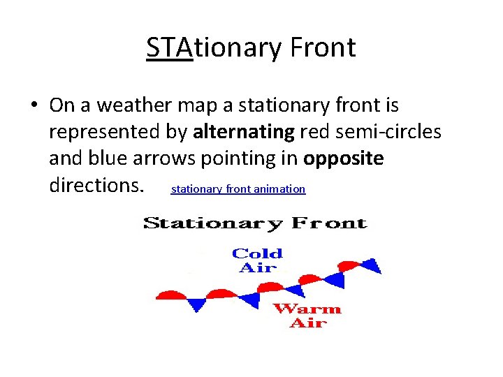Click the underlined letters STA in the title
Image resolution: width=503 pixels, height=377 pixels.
[x=169, y=47]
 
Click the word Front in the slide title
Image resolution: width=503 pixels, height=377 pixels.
[x=323, y=47]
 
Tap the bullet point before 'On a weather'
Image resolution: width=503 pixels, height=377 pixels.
[x=34, y=106]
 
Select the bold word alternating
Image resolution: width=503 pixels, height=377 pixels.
[x=244, y=132]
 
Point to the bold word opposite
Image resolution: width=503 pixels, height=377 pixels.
[x=343, y=158]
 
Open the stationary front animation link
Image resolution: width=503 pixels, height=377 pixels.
[x=238, y=189]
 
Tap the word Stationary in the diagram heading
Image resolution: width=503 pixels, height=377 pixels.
[x=213, y=223]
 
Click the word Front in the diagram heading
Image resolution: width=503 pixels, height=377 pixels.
[x=329, y=223]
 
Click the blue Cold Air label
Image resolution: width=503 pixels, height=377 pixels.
[x=257, y=260]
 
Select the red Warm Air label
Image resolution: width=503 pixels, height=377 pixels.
[x=307, y=316]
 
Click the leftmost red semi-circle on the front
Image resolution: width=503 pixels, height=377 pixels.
[x=171, y=294]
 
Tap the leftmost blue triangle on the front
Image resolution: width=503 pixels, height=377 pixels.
[x=198, y=304]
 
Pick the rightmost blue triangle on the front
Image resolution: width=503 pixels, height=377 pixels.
[x=373, y=266]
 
